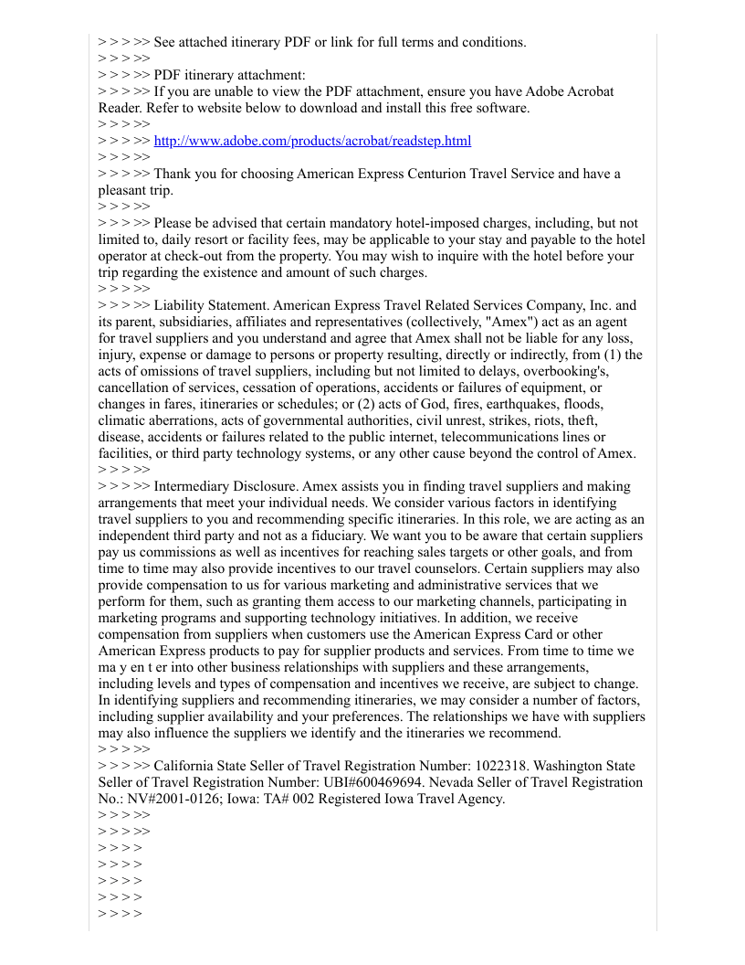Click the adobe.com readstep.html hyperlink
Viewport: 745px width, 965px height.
point(312,141)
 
